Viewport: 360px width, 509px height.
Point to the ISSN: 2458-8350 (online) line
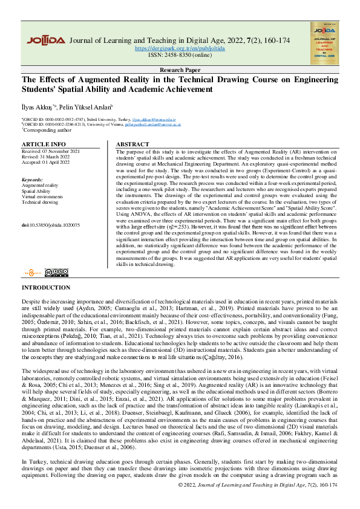point(180,54)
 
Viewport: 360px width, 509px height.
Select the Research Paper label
point(180,70)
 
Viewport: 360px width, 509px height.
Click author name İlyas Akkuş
point(38,106)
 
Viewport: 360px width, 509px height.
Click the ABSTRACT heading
point(132,144)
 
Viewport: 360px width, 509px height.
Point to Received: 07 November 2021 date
point(50,151)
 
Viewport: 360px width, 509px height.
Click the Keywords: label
point(33,180)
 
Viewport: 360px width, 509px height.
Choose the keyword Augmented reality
point(40,185)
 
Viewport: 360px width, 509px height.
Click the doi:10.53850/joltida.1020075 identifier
point(50,224)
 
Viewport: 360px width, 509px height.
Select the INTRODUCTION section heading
point(46,288)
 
